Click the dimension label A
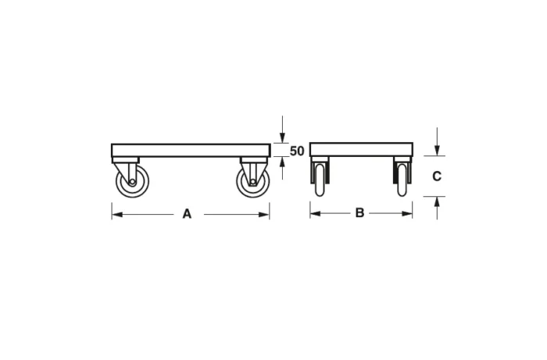click(x=187, y=213)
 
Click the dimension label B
click(x=359, y=212)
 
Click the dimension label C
click(x=437, y=176)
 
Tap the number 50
click(x=297, y=151)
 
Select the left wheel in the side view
click(x=131, y=182)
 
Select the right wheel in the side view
click(x=252, y=182)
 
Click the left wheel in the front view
click(x=320, y=180)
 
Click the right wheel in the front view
click(x=402, y=180)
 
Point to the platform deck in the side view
click(x=190, y=150)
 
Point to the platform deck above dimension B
click(x=360, y=149)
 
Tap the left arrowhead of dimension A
click(x=116, y=213)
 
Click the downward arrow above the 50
click(x=282, y=138)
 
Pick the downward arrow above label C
click(x=437, y=150)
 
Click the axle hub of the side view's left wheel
click(x=131, y=183)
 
